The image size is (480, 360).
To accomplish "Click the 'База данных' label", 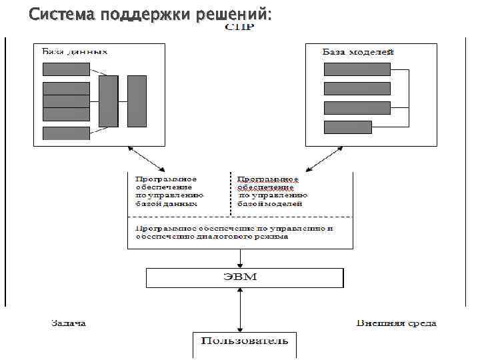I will pos(75,51).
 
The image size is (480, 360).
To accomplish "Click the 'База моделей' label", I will pos(359,51).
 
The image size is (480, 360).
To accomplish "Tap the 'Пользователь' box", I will pos(245,344).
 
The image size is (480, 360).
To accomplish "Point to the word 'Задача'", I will pos(69,323).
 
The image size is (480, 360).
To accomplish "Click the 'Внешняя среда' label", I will pos(396,323).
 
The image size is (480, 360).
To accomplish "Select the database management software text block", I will pos(169,191).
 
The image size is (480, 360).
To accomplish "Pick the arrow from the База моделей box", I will pos(324,159).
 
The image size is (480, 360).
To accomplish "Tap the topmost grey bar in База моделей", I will pos(357,69).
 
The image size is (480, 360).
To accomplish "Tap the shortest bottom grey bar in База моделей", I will pos(347,127).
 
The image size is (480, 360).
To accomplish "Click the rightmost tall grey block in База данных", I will pos(137,101).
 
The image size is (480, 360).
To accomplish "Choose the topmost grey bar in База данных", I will pos(66,69).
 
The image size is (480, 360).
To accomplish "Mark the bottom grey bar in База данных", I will pos(66,133).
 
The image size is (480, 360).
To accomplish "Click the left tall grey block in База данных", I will pos(108,101).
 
